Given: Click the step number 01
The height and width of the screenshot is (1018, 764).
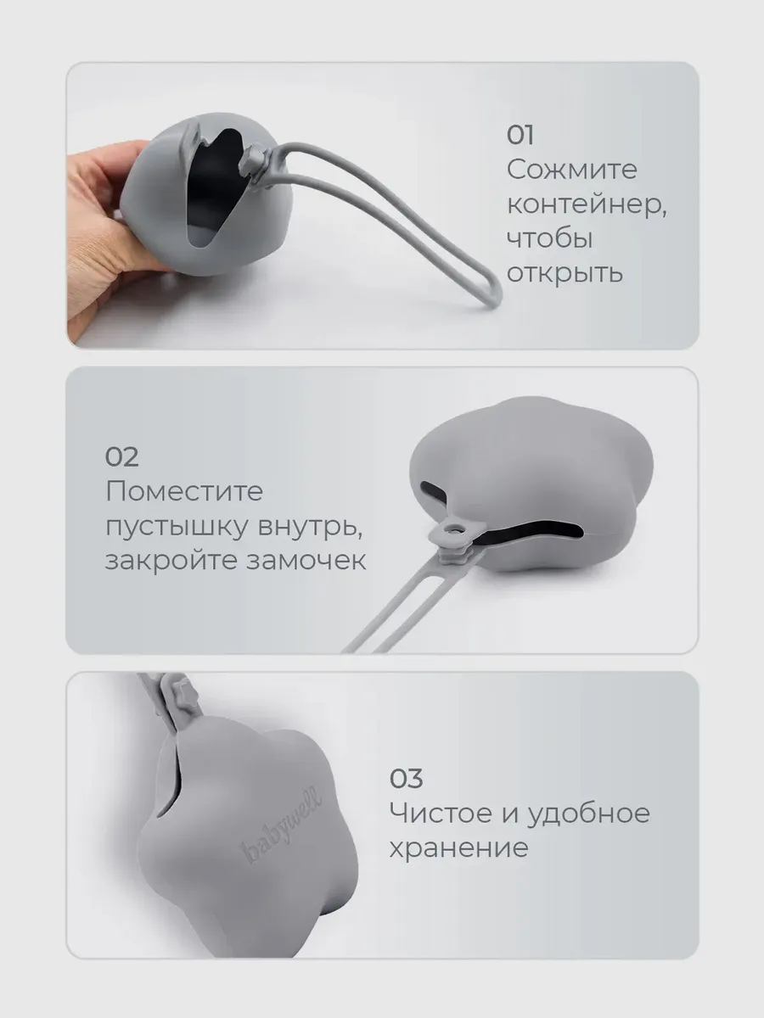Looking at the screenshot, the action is [520, 136].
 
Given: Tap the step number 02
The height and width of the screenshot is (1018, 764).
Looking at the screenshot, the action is [121, 457].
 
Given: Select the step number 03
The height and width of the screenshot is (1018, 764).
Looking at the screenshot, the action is [406, 779].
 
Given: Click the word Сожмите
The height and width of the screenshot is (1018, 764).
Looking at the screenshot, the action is [571, 170].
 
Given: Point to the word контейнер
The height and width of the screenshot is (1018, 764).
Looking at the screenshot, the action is [587, 204].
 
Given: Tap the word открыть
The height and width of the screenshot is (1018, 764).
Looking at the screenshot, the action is [565, 274].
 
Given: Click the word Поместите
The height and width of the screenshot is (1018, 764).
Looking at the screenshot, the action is [184, 491].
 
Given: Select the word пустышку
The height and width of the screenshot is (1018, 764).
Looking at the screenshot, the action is [177, 528].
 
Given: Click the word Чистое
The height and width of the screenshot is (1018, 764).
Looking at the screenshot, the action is [441, 814].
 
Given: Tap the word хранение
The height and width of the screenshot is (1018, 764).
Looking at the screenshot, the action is [458, 848].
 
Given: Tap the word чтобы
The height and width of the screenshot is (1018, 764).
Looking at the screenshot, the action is [550, 239].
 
